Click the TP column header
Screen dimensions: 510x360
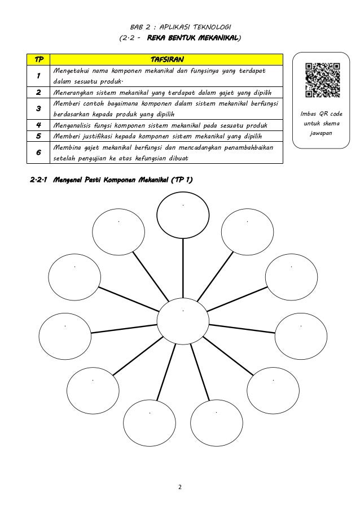point(38,60)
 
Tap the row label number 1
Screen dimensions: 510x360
point(38,76)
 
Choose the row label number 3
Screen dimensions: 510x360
point(38,108)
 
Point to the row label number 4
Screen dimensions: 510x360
point(38,125)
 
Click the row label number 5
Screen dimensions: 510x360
point(38,136)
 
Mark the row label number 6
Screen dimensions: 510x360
point(38,152)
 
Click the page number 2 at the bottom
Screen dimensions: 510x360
point(180,485)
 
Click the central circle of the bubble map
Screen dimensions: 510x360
point(183,318)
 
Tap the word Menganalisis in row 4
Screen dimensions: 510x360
point(71,125)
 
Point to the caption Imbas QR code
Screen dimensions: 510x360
point(323,114)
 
